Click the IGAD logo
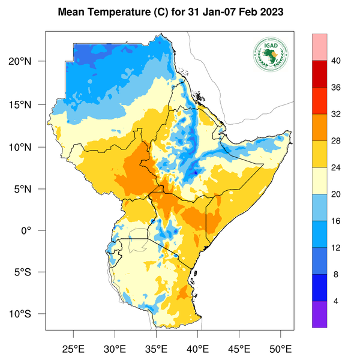270,55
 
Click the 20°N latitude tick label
29,62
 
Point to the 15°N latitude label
29,104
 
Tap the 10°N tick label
29,147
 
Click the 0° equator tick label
35,230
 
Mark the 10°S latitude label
29,314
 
